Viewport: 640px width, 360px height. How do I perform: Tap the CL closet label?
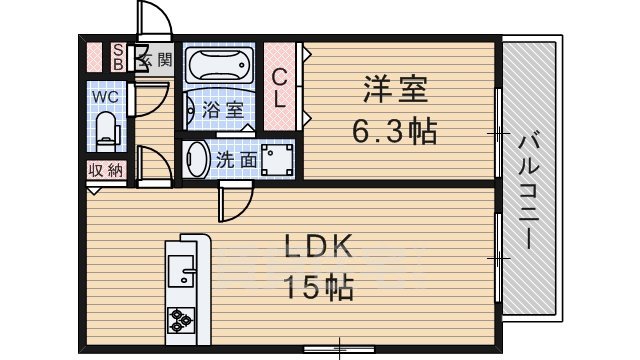click(x=281, y=87)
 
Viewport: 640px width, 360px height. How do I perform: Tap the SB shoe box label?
click(x=117, y=58)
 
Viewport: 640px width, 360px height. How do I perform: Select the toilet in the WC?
click(x=108, y=128)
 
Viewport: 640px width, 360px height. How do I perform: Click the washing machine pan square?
click(x=276, y=159)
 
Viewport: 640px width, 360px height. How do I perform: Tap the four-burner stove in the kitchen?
click(x=182, y=320)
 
